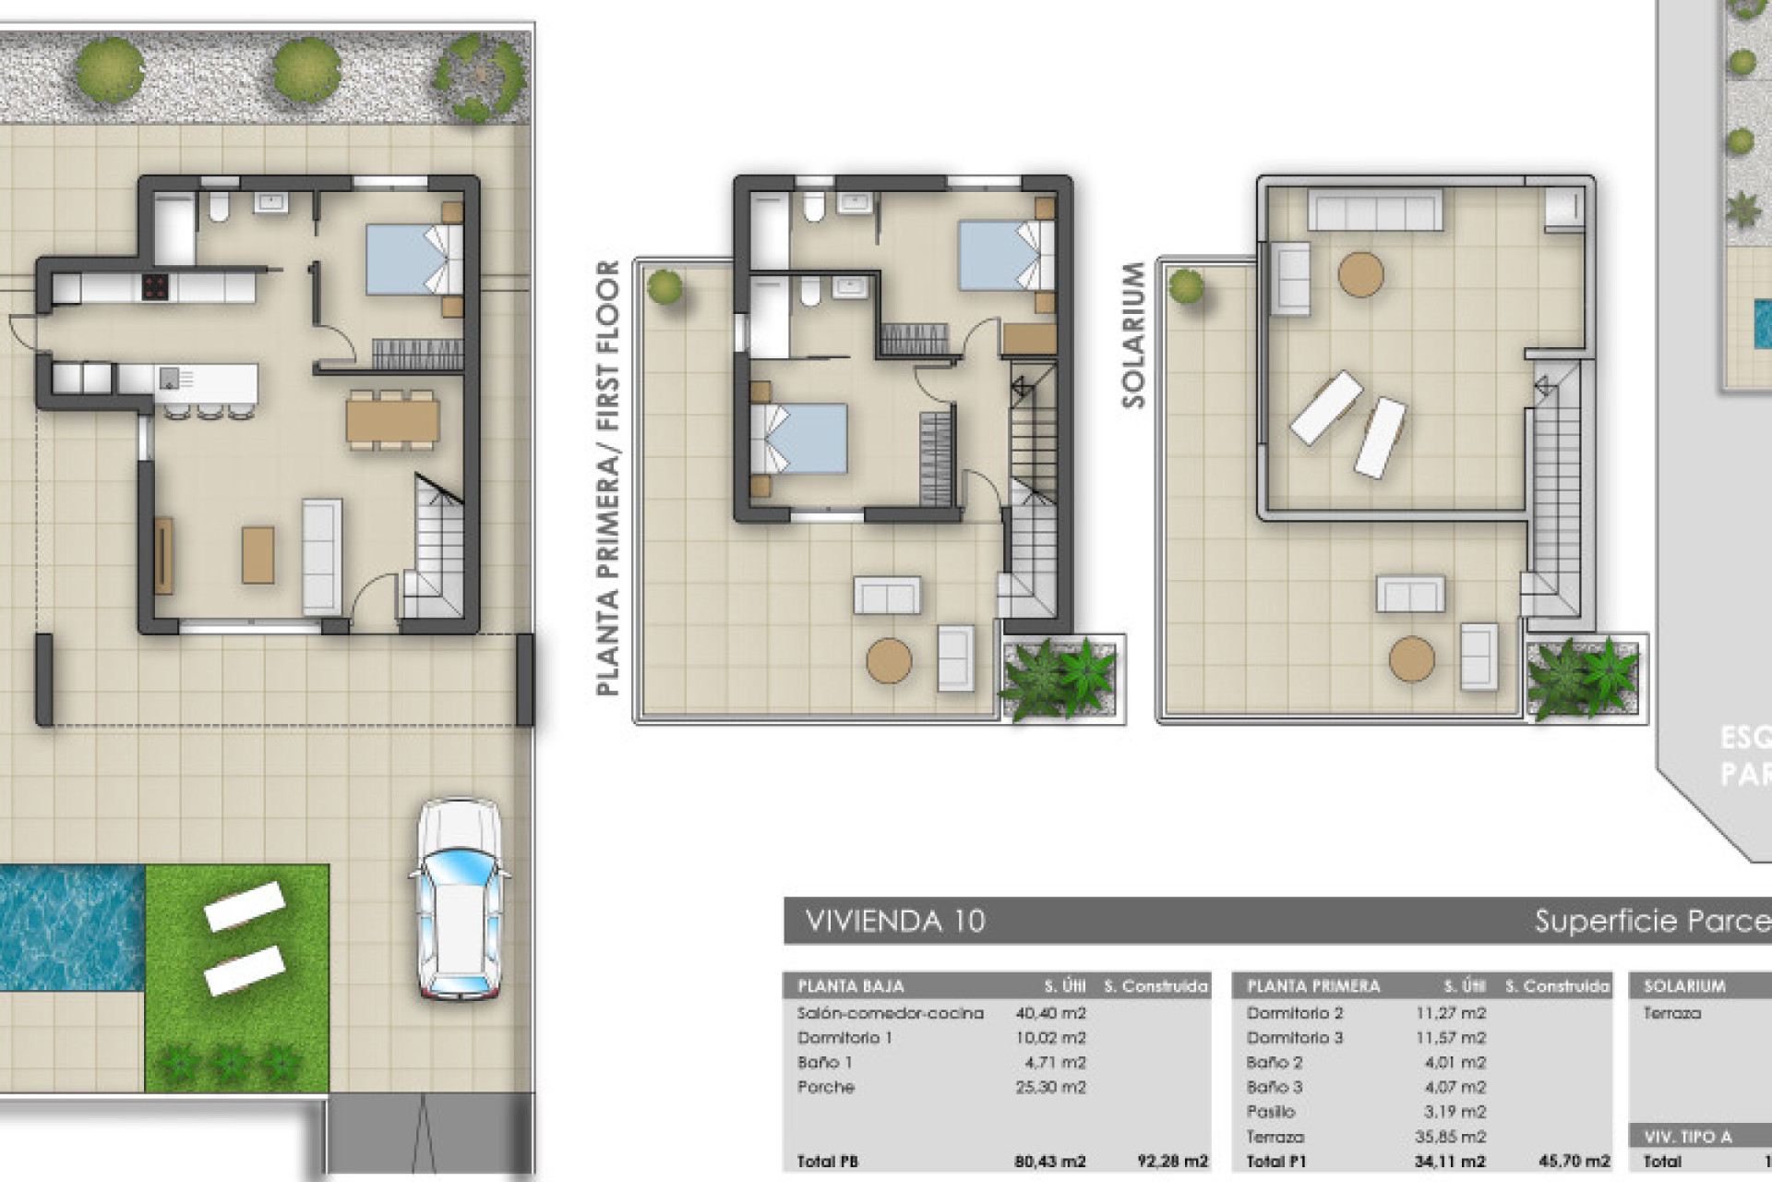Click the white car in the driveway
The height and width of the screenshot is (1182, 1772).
click(x=460, y=900)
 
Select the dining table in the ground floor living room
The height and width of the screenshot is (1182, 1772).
click(x=392, y=421)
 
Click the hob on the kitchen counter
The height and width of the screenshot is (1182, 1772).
click(x=155, y=287)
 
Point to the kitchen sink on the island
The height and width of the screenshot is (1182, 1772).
click(x=170, y=378)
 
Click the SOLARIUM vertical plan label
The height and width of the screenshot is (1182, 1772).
click(x=1133, y=334)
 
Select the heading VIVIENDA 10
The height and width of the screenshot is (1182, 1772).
click(x=894, y=921)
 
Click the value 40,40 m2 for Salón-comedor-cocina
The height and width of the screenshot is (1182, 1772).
click(x=1050, y=1013)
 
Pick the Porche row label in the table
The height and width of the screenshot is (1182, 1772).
click(x=825, y=1087)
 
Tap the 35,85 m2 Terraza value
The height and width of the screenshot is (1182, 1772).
click(x=1450, y=1137)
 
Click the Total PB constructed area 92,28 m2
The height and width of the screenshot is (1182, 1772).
click(x=1172, y=1162)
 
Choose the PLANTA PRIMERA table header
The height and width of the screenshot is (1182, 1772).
click(x=1313, y=986)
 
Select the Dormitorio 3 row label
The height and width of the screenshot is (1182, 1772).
click(x=1294, y=1038)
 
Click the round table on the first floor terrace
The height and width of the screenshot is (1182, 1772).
click(x=889, y=660)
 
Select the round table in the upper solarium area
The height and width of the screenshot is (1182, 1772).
click(x=1360, y=274)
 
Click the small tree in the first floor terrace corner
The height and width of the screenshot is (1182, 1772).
click(x=664, y=287)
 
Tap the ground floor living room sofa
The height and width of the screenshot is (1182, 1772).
click(x=322, y=556)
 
